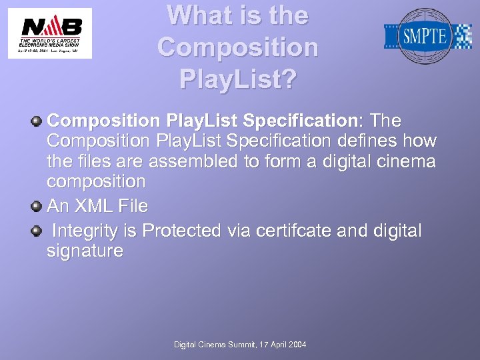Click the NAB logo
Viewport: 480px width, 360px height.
tap(50, 33)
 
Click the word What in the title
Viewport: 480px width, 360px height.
tap(196, 15)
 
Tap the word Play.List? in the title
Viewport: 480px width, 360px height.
tap(238, 79)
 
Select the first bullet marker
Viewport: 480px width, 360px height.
tap(37, 121)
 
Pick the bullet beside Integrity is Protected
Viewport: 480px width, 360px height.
tap(37, 231)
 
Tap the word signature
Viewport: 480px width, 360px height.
tap(85, 251)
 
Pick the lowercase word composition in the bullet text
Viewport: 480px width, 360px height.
tap(96, 182)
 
